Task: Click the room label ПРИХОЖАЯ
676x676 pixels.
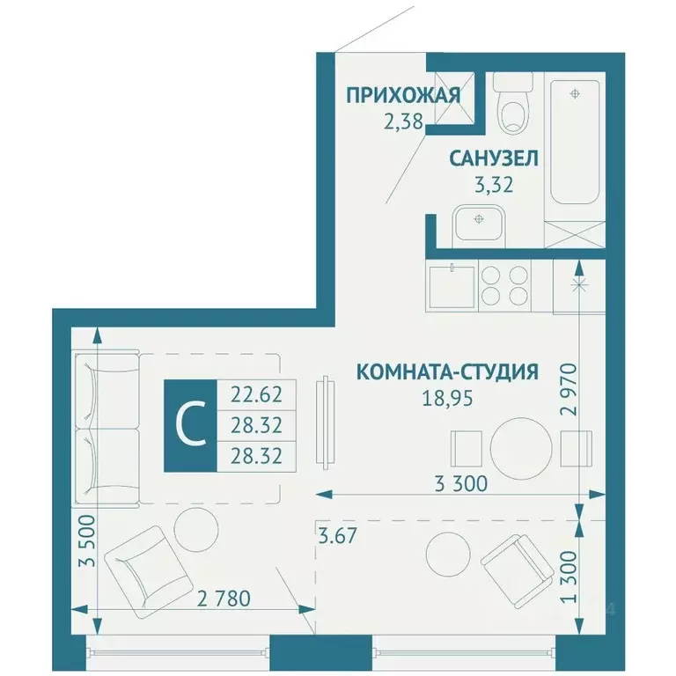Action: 402,95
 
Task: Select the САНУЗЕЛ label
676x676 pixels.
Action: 494,159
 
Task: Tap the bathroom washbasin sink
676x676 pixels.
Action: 478,220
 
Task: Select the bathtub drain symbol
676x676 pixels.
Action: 575,93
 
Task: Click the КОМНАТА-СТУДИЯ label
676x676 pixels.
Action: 447,372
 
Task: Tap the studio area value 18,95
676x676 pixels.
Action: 448,397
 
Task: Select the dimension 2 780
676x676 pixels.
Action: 224,599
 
